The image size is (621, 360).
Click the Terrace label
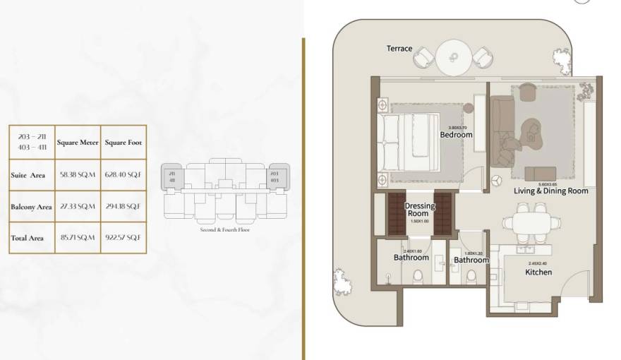[399, 49]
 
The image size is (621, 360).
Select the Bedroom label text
[456, 134]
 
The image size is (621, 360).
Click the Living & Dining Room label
[550, 191]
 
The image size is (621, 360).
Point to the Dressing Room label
[420, 209]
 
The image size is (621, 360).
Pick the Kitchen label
[538, 272]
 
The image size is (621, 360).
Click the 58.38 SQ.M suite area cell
[78, 174]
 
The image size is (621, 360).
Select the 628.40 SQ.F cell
[123, 174]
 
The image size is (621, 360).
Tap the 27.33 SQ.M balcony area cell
[78, 206]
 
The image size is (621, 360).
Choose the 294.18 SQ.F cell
[123, 206]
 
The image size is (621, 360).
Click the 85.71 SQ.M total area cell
[78, 238]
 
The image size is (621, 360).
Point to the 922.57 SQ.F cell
[123, 238]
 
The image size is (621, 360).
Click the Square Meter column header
[78, 143]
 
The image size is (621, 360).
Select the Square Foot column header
[123, 143]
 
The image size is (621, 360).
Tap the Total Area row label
[28, 238]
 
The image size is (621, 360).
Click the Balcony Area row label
[31, 207]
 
